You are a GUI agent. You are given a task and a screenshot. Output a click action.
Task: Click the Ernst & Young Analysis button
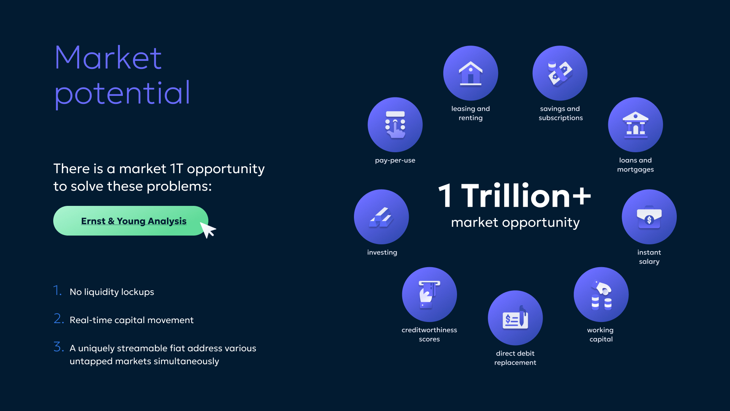[131, 221]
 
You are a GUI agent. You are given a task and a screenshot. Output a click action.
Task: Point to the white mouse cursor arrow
[208, 230]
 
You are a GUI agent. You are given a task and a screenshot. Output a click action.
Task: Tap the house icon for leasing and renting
[471, 73]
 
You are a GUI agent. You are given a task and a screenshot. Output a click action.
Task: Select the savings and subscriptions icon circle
[560, 73]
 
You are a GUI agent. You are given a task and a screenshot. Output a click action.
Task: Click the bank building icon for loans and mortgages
[635, 125]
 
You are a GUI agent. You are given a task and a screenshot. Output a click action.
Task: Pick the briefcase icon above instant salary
[649, 217]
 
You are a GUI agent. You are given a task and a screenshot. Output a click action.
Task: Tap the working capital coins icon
[601, 295]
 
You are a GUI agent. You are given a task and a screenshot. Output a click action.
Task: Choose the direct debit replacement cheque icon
[515, 318]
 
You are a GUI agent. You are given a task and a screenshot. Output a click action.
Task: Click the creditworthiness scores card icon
[429, 294]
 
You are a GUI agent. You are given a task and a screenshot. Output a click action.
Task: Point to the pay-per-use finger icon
[395, 125]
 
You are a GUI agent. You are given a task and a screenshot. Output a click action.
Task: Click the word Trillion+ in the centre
[526, 196]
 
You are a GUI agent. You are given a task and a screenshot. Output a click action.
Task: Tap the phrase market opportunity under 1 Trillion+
[515, 222]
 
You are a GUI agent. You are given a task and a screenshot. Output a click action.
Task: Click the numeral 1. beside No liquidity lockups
[57, 290]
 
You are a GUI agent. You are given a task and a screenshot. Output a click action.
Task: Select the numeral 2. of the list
[59, 319]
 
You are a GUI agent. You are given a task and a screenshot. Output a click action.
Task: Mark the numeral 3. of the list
[59, 347]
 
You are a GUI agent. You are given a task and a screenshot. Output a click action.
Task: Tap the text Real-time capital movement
[132, 320]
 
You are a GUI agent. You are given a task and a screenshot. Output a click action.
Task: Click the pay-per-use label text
[395, 161]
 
